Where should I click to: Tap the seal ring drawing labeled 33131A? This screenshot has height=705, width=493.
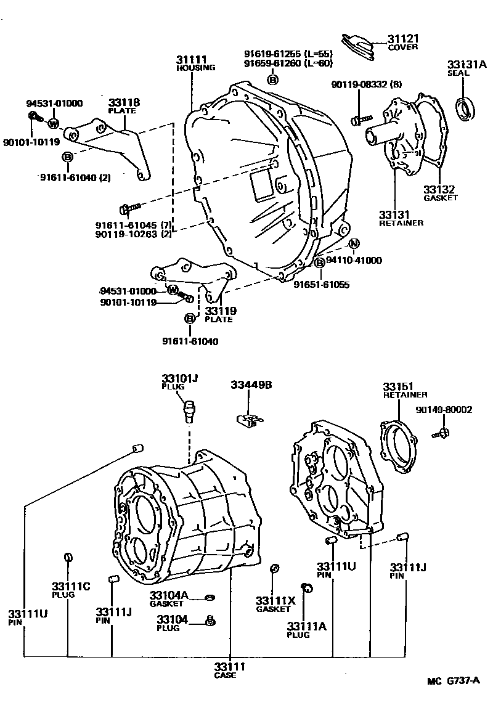(x=465, y=108)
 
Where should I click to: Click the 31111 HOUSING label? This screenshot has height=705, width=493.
(x=195, y=63)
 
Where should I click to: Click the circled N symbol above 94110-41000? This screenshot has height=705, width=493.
(x=354, y=244)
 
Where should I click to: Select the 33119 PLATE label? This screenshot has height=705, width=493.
(x=220, y=314)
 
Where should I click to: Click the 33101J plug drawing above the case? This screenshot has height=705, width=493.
(x=189, y=409)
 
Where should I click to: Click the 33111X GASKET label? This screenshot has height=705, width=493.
(x=275, y=604)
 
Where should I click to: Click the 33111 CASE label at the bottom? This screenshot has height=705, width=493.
(x=230, y=670)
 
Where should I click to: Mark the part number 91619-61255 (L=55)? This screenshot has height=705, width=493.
(x=288, y=54)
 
